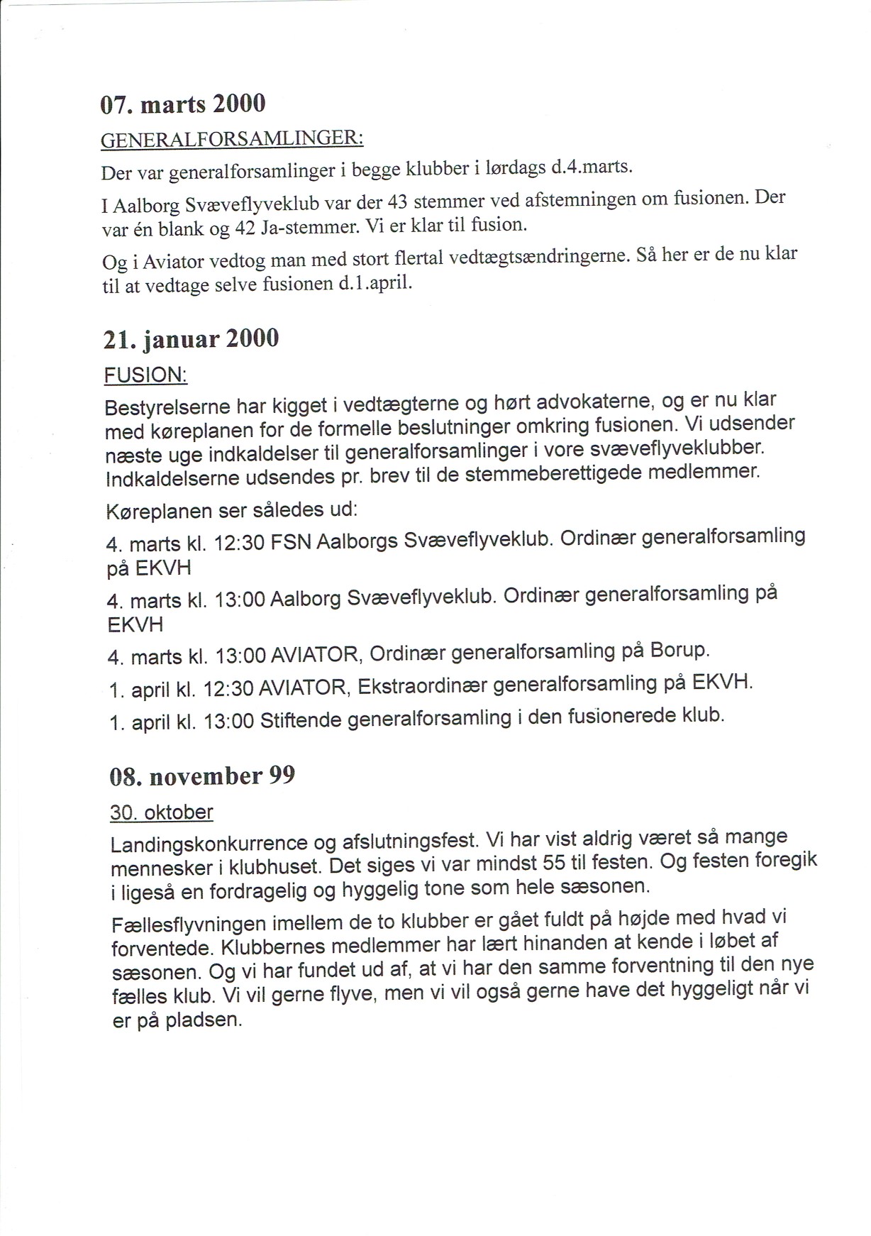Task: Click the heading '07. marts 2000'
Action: (x=183, y=104)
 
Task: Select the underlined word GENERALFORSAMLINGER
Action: (x=232, y=138)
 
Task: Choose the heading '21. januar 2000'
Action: (x=191, y=339)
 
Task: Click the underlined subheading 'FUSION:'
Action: (x=145, y=375)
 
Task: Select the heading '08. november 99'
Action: (x=202, y=776)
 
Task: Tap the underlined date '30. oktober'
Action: (x=162, y=812)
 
